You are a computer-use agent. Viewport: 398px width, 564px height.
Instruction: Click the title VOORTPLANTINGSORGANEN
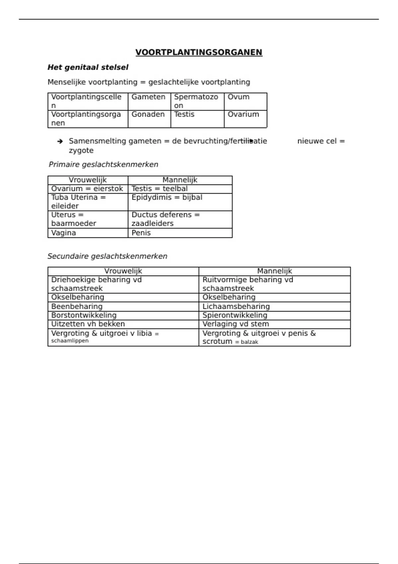click(199, 52)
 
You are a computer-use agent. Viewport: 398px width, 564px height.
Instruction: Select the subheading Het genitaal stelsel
click(88, 67)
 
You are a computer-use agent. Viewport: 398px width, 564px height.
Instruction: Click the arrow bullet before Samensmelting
click(60, 141)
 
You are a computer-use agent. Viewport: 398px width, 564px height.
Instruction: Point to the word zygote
click(81, 151)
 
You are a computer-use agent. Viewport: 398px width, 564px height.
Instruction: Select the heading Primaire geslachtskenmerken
click(103, 165)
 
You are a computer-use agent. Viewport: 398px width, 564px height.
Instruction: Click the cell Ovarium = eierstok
click(87, 189)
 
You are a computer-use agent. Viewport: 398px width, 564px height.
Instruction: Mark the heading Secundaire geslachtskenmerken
click(107, 256)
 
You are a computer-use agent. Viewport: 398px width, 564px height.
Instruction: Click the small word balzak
click(249, 342)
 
